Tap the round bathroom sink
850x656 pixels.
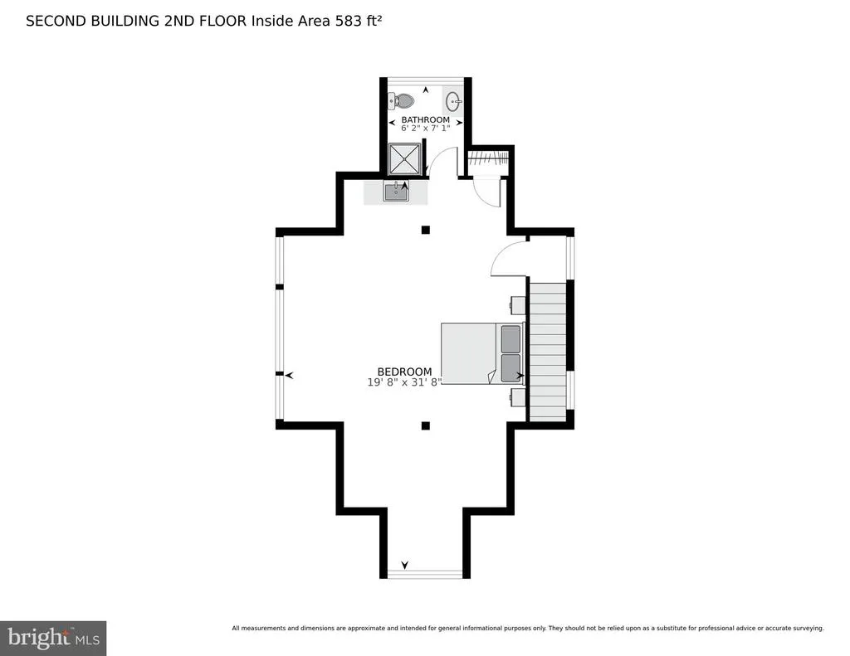pos(454,100)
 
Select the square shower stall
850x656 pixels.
pos(404,158)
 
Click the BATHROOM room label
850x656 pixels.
pos(426,119)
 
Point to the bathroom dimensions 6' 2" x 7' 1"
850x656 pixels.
pos(426,129)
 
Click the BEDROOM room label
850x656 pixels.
pos(404,372)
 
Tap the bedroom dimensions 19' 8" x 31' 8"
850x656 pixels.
pos(404,381)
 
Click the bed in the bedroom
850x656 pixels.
pos(482,353)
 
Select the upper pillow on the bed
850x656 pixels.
pos(510,338)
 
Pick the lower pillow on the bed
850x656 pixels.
pos(510,368)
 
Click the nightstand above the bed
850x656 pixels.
pos(517,305)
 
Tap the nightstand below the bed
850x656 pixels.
pos(517,396)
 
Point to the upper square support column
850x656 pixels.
pos(426,230)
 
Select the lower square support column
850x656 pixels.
pos(426,425)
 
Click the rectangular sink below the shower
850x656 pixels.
pos(396,192)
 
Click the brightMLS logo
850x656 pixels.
pos(53,638)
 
